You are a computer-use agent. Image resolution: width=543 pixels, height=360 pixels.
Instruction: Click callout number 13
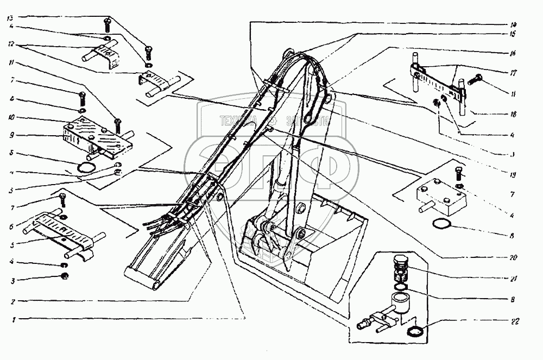tap(11, 18)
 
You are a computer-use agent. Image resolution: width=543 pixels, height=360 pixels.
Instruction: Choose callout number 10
tap(11, 117)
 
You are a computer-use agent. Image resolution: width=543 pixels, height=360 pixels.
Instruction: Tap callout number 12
tap(11, 45)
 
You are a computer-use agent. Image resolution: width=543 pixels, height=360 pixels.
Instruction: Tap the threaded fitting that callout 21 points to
tap(400, 266)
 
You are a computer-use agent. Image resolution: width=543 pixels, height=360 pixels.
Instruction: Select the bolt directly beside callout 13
tap(106, 23)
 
